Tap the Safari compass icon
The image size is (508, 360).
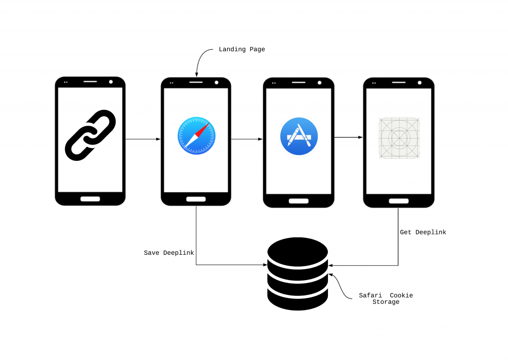tap(196, 136)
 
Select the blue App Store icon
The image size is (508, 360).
tap(299, 136)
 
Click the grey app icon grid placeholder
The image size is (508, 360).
tap(399, 138)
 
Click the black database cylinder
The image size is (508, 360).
tap(298, 274)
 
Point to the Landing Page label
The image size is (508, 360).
tap(242, 49)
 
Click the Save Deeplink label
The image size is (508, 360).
tap(169, 253)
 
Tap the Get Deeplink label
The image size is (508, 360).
tap(423, 232)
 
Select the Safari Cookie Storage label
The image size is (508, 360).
tap(385, 298)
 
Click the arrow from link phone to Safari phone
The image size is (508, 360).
tap(143, 139)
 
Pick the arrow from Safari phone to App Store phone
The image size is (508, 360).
tap(247, 139)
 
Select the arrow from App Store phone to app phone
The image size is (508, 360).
tap(348, 137)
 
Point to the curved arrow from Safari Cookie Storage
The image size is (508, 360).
tap(339, 287)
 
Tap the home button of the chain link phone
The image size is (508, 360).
tap(90, 199)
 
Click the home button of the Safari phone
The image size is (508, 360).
tap(196, 199)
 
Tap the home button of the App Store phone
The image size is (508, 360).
tap(298, 201)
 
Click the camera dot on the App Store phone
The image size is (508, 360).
tap(319, 83)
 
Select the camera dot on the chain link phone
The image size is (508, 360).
tap(111, 82)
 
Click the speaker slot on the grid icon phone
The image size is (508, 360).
tap(399, 82)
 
